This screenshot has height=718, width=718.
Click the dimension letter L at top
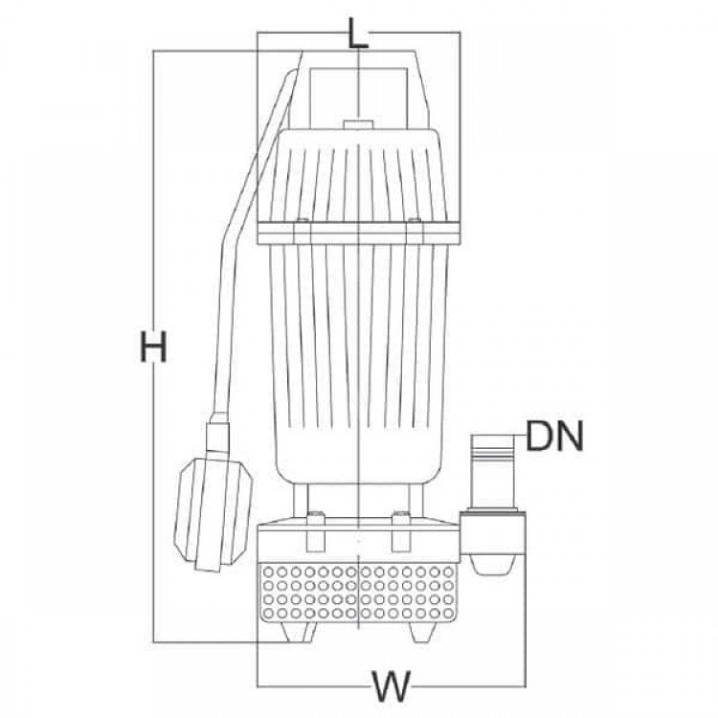pyautogui.click(x=358, y=33)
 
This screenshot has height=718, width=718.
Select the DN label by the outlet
pyautogui.click(x=554, y=436)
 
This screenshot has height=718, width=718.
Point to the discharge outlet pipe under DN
pyautogui.click(x=494, y=472)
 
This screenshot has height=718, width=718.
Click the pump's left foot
pyautogui.click(x=298, y=632)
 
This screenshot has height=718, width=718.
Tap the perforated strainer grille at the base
pyautogui.click(x=358, y=592)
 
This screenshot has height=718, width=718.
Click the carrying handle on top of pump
pyautogui.click(x=359, y=92)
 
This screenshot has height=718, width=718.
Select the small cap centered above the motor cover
pyautogui.click(x=358, y=124)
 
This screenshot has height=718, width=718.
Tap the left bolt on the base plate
pyautogui.click(x=315, y=516)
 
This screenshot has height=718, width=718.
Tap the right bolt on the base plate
pyautogui.click(x=401, y=516)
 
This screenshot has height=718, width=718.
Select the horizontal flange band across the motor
pyautogui.click(x=359, y=233)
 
